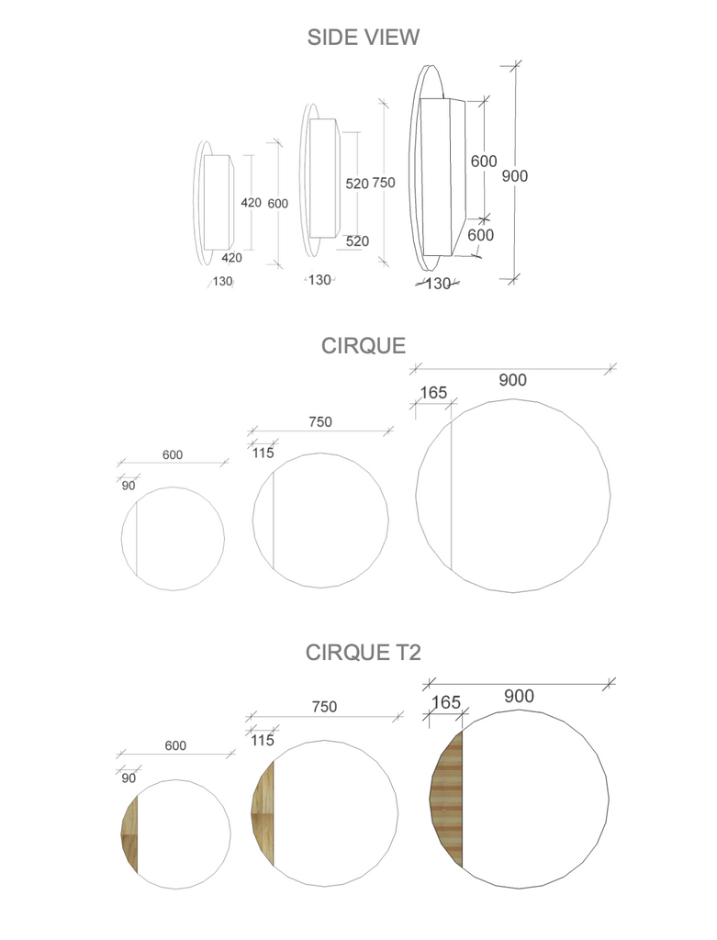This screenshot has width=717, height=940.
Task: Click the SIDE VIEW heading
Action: point(363,37)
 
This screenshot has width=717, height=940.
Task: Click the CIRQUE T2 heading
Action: point(363,653)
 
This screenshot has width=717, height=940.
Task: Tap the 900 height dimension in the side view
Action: point(514,175)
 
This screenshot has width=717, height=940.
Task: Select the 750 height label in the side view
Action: point(383,183)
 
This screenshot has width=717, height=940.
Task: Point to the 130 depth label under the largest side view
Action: point(438,284)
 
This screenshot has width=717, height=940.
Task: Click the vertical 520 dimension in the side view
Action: point(356,184)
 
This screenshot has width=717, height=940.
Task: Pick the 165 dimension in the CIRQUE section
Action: point(432,393)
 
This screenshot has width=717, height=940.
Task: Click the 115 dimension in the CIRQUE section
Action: point(263,453)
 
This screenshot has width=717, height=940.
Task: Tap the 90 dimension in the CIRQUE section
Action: point(129,486)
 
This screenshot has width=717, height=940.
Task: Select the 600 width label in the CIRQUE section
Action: point(173,454)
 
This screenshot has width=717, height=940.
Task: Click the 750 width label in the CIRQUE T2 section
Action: point(324,707)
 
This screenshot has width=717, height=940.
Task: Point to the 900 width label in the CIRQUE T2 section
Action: point(519,697)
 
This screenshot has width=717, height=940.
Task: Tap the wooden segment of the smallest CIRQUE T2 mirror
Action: point(129,834)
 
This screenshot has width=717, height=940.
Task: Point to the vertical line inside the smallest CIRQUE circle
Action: point(137,539)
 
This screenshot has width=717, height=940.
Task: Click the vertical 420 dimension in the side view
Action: point(251,203)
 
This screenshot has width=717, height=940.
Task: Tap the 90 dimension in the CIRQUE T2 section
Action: point(129,778)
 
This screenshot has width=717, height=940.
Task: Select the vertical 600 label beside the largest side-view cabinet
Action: point(484,161)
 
